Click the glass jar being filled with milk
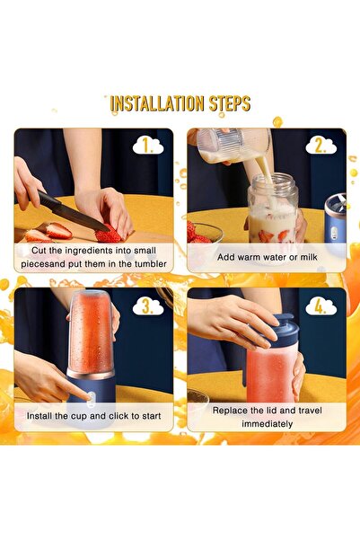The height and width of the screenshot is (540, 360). pyautogui.click(x=273, y=212)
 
